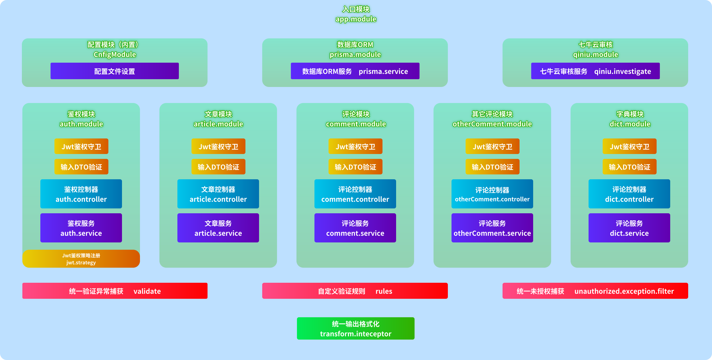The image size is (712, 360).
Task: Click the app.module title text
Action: point(356,19)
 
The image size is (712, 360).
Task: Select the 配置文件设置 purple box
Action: point(114,71)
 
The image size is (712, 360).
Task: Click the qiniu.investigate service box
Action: point(595,71)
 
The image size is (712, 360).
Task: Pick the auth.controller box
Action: point(81,194)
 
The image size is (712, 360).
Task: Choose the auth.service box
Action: point(81,228)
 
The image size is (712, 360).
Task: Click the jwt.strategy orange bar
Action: point(81,259)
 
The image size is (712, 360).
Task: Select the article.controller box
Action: point(218,194)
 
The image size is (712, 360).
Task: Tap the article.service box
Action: point(218,228)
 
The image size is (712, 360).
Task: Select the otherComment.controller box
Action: point(492,194)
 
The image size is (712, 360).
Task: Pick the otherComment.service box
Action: point(492,228)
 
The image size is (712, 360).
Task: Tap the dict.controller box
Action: point(629,194)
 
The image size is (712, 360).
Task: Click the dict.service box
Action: point(629,228)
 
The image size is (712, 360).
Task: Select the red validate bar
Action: point(115,291)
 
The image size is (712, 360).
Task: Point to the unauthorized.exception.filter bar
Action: point(595,291)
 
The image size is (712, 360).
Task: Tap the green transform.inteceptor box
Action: point(356,328)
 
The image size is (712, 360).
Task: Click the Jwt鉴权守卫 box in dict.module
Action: point(629,146)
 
